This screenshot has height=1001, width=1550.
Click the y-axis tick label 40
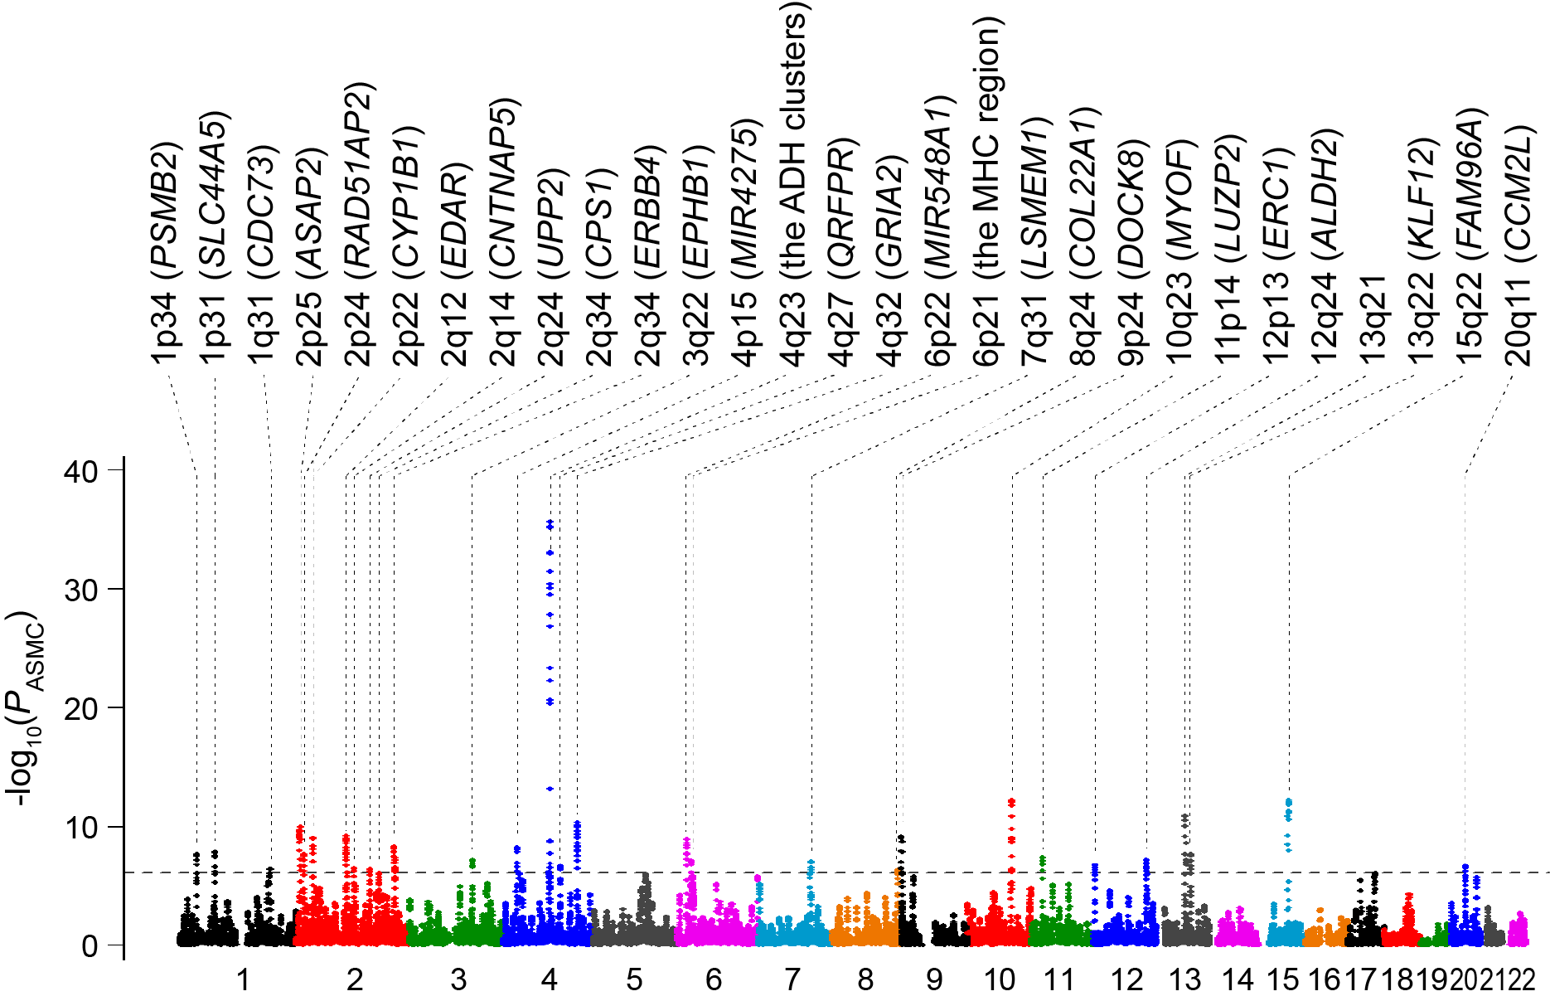point(80,471)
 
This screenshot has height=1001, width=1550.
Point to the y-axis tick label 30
point(80,590)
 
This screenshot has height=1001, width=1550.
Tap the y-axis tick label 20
point(80,708)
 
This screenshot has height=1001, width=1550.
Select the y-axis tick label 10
point(80,827)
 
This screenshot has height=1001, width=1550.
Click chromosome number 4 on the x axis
point(549,980)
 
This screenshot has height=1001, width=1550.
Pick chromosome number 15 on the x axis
point(1282,980)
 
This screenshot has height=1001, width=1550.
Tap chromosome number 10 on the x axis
point(999,980)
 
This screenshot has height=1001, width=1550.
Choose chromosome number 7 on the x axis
point(792,980)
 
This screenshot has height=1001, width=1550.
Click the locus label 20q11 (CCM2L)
point(1518,245)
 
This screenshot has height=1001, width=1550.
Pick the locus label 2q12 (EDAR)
point(455,265)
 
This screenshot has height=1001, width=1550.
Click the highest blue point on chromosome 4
point(550,523)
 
